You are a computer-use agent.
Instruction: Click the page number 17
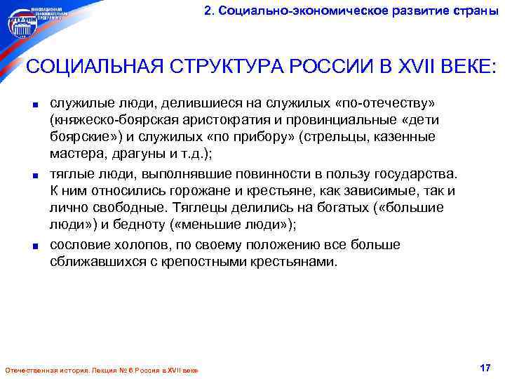point(483,368)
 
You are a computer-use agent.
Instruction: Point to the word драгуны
point(138,154)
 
